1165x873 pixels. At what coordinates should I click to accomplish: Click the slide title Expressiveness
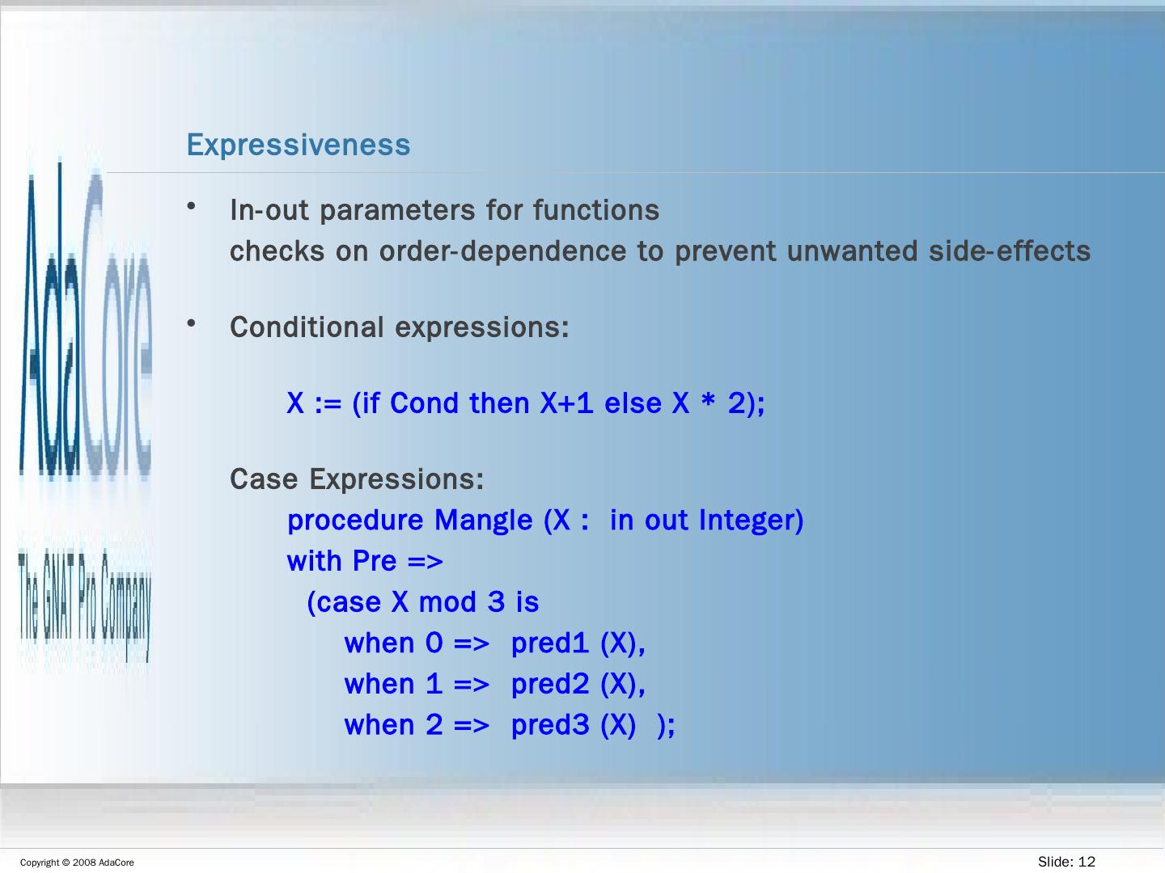pos(299,145)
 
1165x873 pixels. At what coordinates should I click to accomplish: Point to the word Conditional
pos(307,327)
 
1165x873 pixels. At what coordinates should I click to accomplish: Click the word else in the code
pos(632,403)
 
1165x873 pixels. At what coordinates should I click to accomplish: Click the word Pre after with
pos(375,561)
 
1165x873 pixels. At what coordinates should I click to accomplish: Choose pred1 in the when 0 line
pos(549,644)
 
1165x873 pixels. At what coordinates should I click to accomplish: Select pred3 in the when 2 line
pos(549,726)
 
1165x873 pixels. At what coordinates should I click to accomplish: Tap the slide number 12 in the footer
pos(1087,862)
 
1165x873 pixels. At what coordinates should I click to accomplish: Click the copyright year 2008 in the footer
pos(84,863)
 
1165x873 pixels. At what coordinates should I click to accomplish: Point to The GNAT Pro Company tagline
pos(85,605)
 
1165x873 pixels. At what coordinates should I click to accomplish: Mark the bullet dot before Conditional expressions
pos(191,323)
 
